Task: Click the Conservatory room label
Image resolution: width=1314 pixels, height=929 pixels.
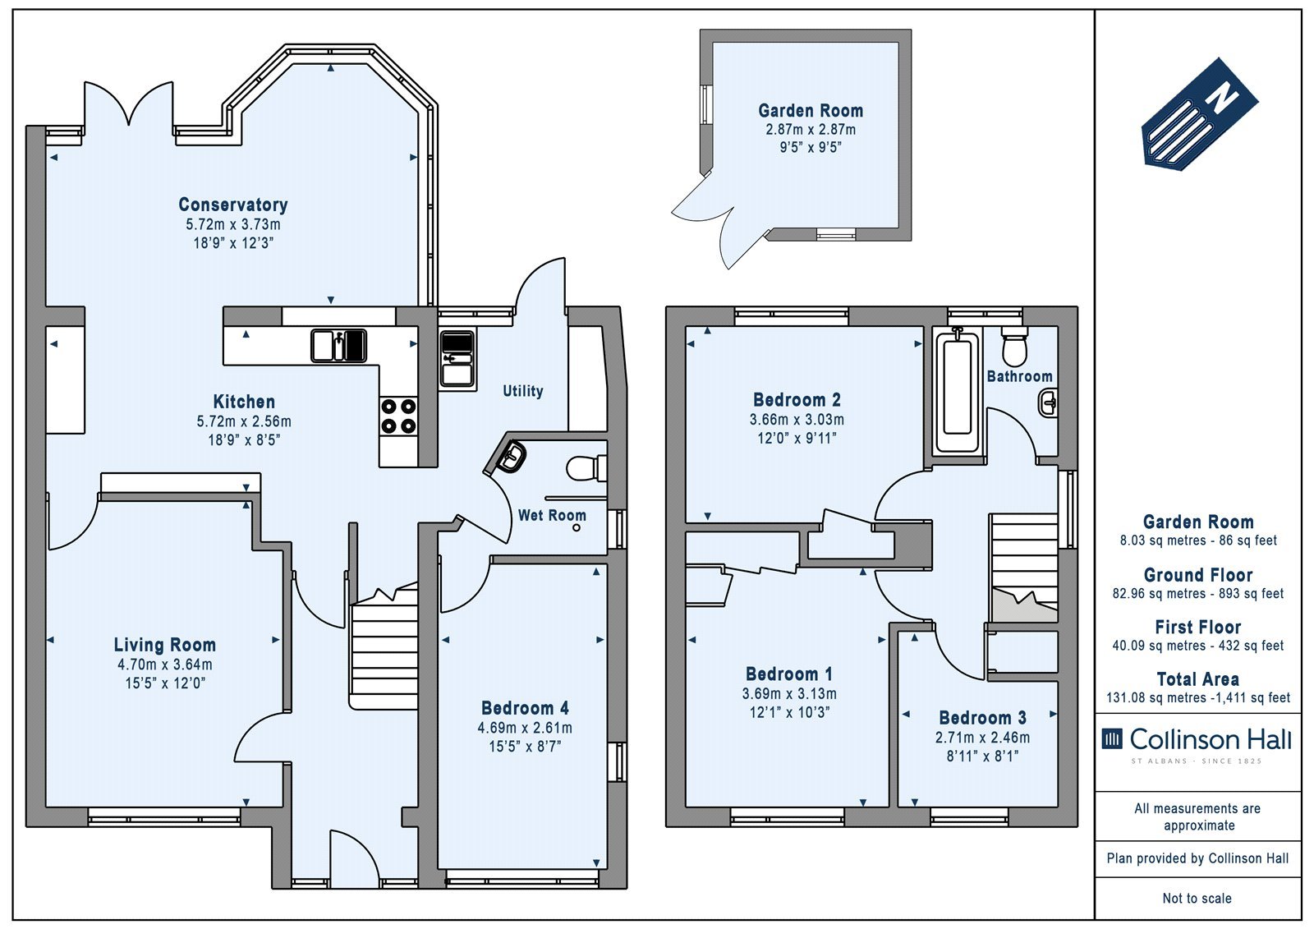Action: coord(233,205)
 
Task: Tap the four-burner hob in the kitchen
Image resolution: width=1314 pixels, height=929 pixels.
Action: coord(398,416)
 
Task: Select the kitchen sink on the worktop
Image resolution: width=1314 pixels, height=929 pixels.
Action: coord(338,346)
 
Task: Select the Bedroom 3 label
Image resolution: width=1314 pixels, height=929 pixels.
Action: coord(982,717)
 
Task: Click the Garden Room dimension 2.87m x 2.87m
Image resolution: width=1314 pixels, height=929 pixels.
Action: coord(810,129)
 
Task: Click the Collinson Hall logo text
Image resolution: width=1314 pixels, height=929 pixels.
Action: coord(1211,739)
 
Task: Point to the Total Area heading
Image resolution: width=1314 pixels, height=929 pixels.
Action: coord(1198,679)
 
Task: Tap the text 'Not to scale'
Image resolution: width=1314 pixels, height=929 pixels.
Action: coord(1197,898)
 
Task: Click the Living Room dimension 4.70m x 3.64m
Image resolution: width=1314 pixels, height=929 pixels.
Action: coord(165,665)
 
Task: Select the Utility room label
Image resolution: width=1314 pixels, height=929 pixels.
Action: coord(522,391)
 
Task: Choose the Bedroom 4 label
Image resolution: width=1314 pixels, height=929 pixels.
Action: coord(525,708)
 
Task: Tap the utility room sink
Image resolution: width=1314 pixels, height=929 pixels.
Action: coord(457,358)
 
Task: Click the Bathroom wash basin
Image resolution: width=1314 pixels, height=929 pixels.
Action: coord(1048,403)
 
